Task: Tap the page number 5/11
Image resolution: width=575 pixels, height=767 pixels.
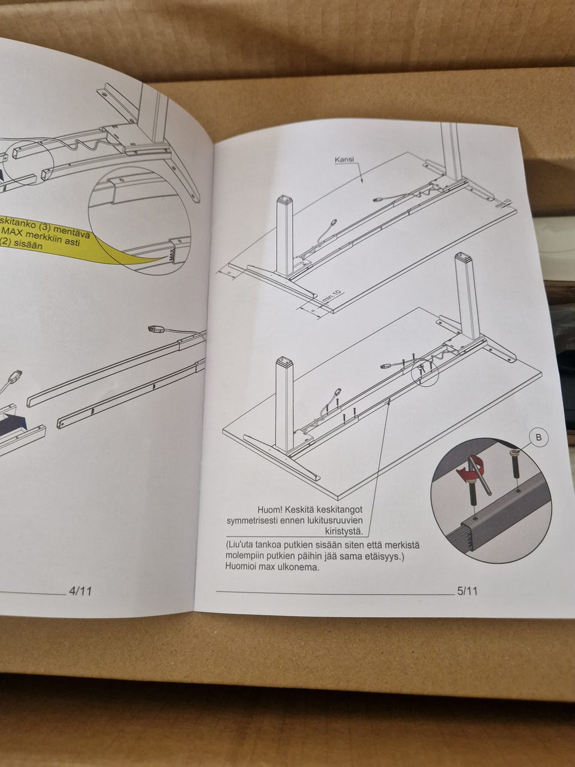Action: [x=467, y=591]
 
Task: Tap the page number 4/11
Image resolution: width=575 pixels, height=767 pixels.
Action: [x=81, y=591]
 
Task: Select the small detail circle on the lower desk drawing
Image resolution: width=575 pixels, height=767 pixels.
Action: [x=425, y=370]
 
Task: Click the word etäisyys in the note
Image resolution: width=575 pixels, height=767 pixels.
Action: [x=394, y=556]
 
